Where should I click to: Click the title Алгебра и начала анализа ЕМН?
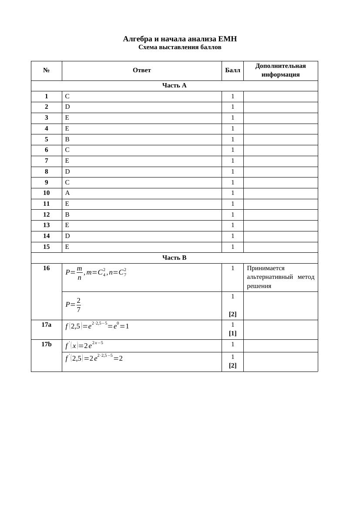click(180, 39)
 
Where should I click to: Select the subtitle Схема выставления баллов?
click(180, 47)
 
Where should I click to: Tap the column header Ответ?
click(142, 70)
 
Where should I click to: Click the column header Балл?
click(232, 70)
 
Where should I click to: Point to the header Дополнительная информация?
click(280, 70)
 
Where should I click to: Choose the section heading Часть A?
click(174, 86)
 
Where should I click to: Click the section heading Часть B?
click(174, 258)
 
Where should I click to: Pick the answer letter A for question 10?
click(67, 193)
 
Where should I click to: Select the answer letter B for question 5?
click(67, 139)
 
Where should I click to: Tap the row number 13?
click(47, 225)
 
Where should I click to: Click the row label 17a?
click(47, 325)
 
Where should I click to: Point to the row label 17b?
click(47, 344)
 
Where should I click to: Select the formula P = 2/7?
click(73, 305)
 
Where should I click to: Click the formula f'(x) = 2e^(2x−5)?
click(84, 345)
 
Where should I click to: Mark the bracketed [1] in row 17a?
click(232, 333)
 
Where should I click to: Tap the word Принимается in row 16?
click(266, 268)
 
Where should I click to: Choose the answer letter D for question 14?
click(67, 236)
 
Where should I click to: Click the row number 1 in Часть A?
click(47, 97)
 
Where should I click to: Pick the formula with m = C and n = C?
click(96, 273)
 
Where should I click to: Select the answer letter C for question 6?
click(67, 150)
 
